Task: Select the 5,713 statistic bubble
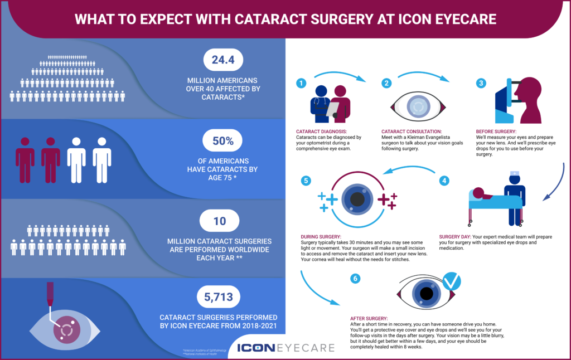coord(224,295)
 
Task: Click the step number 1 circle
coord(302,83)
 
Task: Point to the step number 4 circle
coord(444,181)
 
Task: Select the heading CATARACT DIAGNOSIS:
coord(321,132)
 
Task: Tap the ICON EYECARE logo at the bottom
coord(285,348)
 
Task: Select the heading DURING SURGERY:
coord(321,236)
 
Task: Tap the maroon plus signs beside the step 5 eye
coord(388,200)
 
